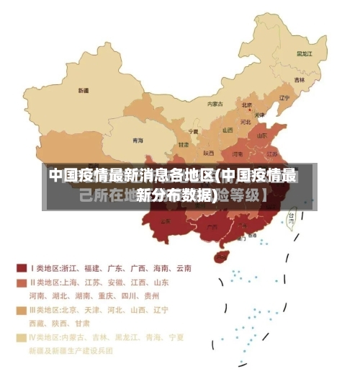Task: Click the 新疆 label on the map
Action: [84, 91]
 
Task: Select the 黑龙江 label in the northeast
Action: [305, 53]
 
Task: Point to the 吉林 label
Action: [300, 79]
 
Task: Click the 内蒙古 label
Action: [215, 104]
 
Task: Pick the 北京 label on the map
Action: [247, 105]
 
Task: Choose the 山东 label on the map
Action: [262, 134]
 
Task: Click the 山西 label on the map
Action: [228, 130]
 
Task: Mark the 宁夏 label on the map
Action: [193, 132]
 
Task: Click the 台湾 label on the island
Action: [292, 215]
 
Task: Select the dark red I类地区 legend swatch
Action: [22, 268]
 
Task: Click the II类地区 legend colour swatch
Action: [22, 282]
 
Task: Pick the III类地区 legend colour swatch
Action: [22, 310]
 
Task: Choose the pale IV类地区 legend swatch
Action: [22, 337]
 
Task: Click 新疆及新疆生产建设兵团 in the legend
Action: [71, 351]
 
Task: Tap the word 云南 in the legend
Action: [183, 268]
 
